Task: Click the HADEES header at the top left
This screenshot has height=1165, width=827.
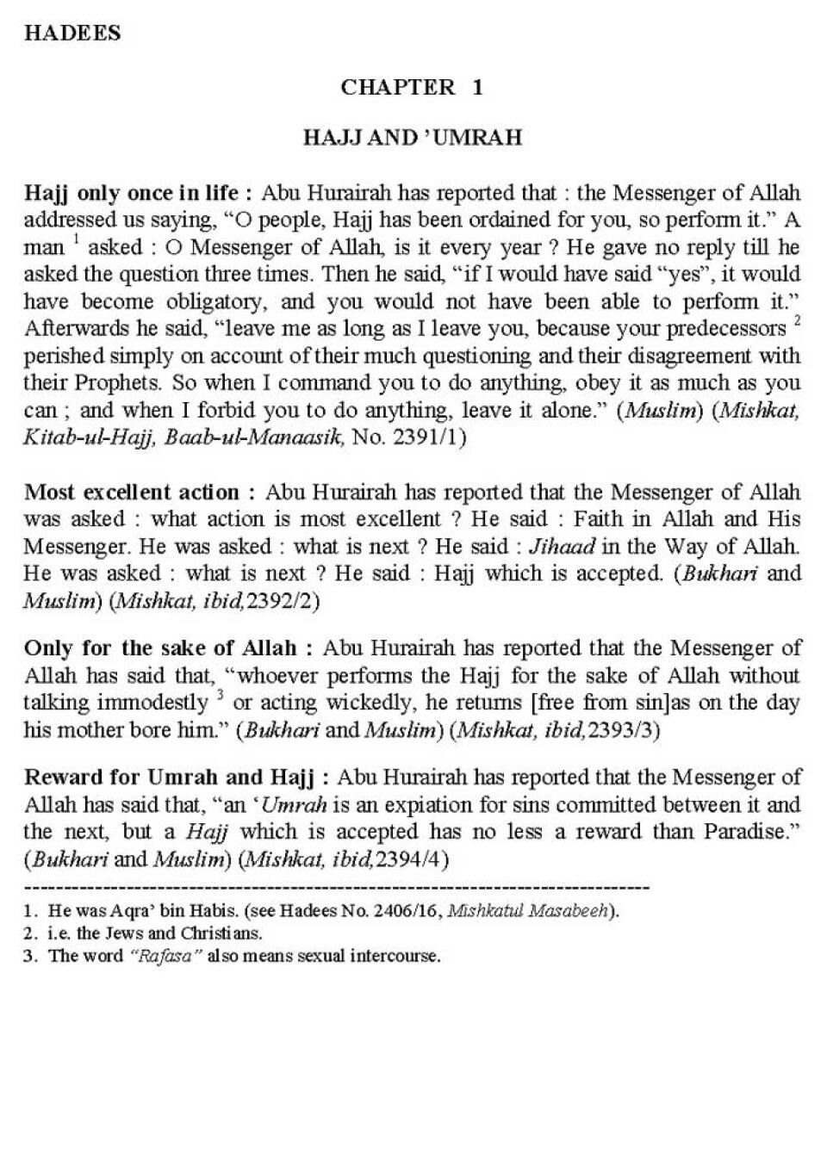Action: tap(72, 34)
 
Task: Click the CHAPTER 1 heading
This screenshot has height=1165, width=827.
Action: tap(412, 87)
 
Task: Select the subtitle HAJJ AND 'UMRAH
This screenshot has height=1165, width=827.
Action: tap(413, 138)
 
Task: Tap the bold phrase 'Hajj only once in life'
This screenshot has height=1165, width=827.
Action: tap(138, 192)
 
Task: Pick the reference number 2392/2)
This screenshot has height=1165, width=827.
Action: tap(282, 601)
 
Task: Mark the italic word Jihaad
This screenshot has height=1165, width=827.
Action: tap(562, 547)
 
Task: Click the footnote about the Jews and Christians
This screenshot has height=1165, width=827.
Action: tap(155, 933)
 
